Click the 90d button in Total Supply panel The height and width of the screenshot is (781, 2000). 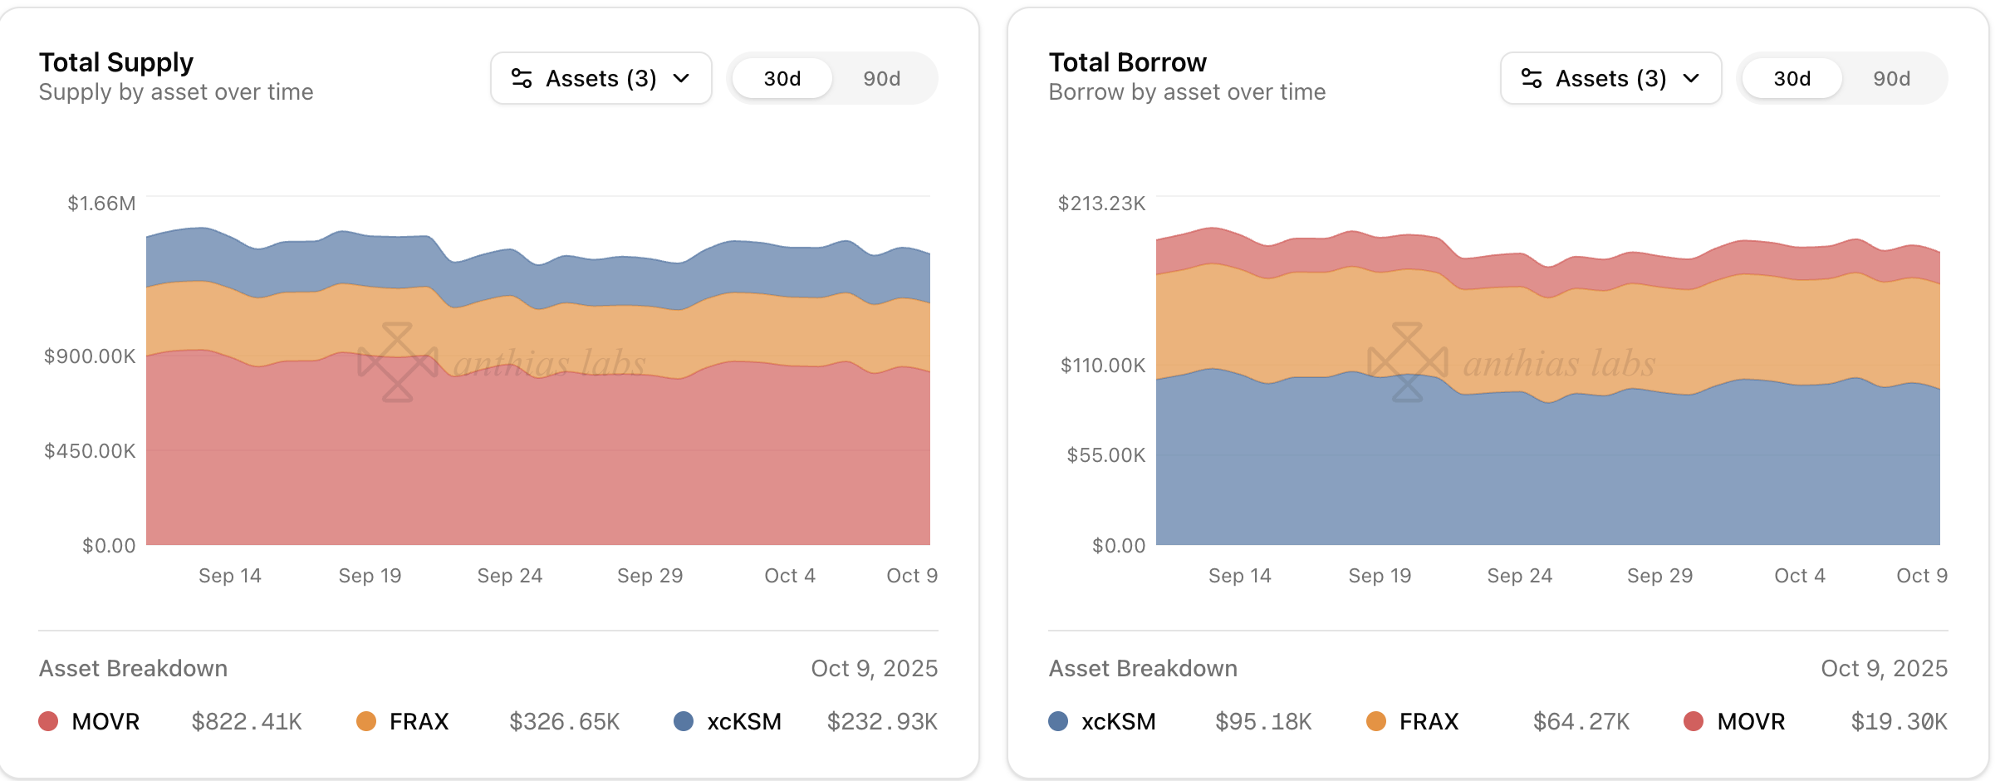coord(881,79)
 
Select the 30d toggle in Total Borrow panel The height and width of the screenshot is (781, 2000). coord(1792,79)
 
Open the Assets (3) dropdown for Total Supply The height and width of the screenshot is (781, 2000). coord(600,79)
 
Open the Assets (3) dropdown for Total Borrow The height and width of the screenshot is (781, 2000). coord(1610,79)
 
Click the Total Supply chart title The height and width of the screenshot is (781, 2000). coord(116,62)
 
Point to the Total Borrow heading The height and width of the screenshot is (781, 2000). coord(1127,62)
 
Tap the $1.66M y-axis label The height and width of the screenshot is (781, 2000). coord(101,204)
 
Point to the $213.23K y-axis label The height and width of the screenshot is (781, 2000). coord(1101,204)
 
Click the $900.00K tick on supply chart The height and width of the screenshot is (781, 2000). coord(90,356)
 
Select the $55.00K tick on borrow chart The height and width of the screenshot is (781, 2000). coord(1105,455)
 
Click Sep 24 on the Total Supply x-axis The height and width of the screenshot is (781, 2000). coord(509,576)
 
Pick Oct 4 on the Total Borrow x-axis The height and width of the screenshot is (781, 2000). coord(1799,576)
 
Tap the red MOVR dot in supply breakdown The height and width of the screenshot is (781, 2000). coord(48,721)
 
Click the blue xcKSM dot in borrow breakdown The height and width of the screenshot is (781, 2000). coord(1058,721)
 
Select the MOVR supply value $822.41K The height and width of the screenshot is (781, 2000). coord(247,721)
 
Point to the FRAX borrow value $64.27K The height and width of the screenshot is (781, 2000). coord(1581,721)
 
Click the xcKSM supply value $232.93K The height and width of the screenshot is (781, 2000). coord(882,721)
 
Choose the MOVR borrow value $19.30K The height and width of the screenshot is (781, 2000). coord(1899,721)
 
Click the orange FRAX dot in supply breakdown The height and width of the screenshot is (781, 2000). coord(366,721)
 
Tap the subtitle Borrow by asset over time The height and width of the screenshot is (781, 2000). coord(1187,92)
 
